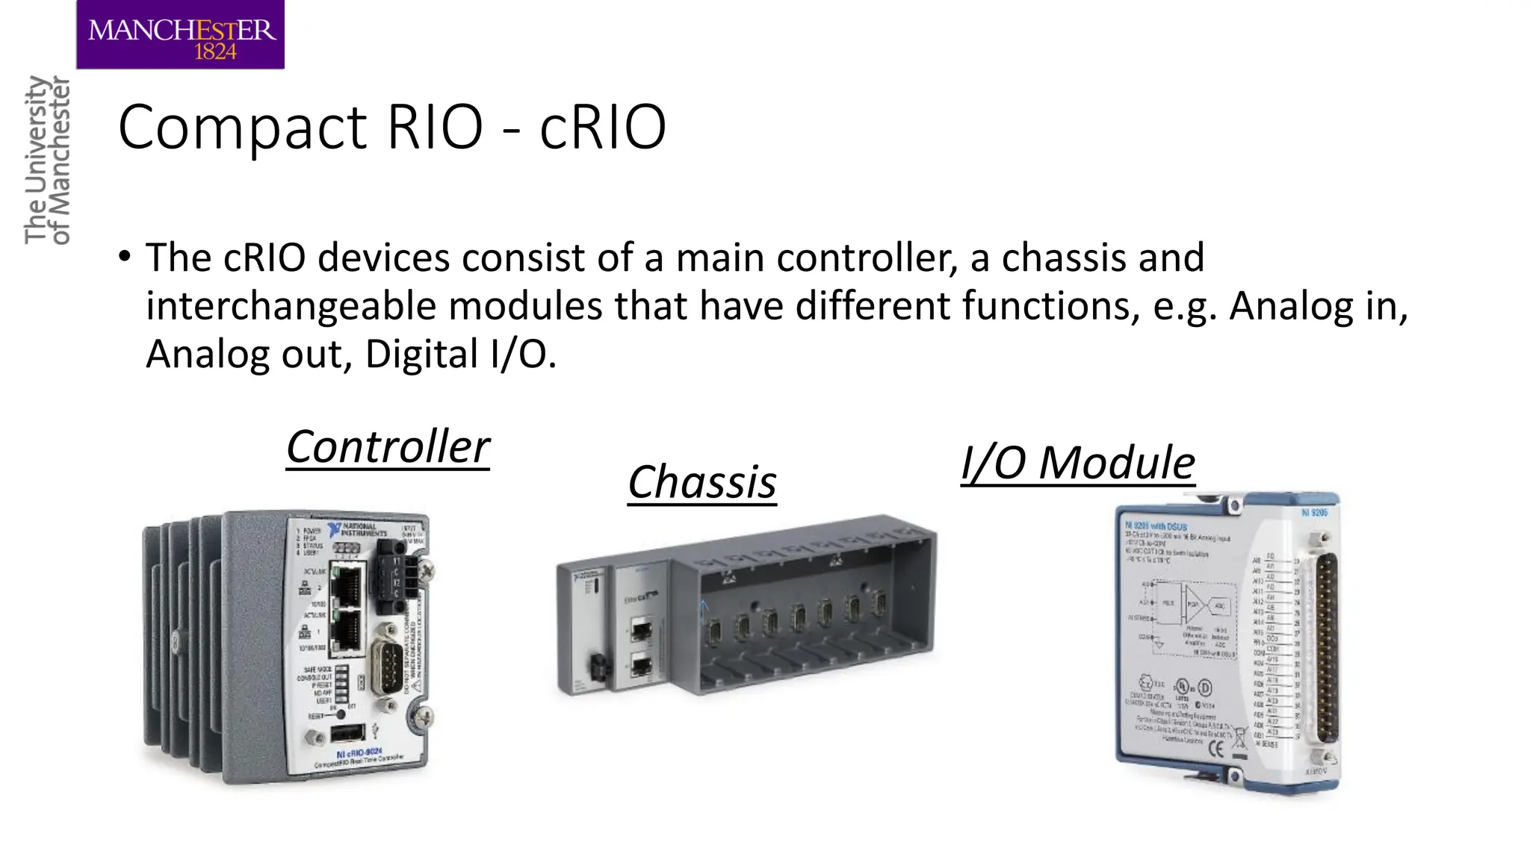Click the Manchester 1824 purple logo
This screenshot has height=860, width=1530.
click(180, 35)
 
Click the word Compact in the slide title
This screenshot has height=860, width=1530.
click(242, 128)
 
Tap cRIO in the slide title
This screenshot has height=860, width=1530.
click(602, 128)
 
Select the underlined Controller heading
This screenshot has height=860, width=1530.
click(388, 447)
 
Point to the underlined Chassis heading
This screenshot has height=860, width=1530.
click(702, 482)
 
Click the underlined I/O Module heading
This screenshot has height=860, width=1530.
click(1078, 463)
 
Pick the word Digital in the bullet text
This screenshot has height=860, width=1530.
click(421, 354)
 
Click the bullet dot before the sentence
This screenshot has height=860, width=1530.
click(125, 257)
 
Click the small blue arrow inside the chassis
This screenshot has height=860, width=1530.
click(702, 611)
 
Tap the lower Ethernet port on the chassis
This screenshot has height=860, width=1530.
click(641, 664)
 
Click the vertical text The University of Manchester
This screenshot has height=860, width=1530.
click(46, 160)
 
